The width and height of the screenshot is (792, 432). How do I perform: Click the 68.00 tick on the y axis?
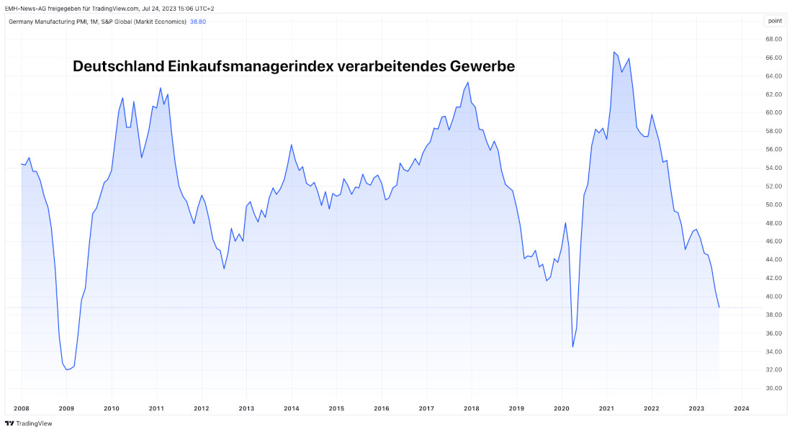point(774,39)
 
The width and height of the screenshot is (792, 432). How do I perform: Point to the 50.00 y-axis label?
point(774,204)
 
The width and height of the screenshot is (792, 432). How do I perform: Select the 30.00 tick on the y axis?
point(774,388)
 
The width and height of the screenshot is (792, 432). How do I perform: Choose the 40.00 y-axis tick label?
point(774,297)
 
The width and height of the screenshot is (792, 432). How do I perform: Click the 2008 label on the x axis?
point(22,408)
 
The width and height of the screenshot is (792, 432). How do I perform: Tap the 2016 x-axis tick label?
point(382,408)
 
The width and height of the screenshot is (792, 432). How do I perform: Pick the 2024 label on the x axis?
point(742,408)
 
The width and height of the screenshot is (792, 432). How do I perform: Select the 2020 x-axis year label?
point(562,408)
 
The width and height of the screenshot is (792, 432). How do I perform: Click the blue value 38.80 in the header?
point(198,21)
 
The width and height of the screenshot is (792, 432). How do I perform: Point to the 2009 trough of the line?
point(67,370)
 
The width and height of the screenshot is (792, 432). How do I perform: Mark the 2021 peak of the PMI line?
point(614,52)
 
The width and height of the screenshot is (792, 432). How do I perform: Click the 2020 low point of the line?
point(573,347)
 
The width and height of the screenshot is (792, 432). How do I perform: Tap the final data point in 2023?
point(719,307)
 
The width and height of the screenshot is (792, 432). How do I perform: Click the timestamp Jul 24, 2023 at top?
point(156,8)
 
